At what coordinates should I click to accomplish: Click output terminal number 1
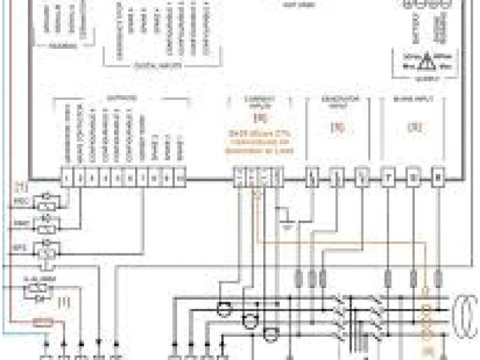(x=68, y=178)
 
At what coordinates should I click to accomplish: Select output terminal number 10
(x=181, y=178)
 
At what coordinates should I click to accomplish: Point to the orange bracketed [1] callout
(x=64, y=302)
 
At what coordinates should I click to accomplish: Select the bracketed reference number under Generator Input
(x=337, y=127)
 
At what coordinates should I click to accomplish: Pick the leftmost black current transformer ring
(x=223, y=308)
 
